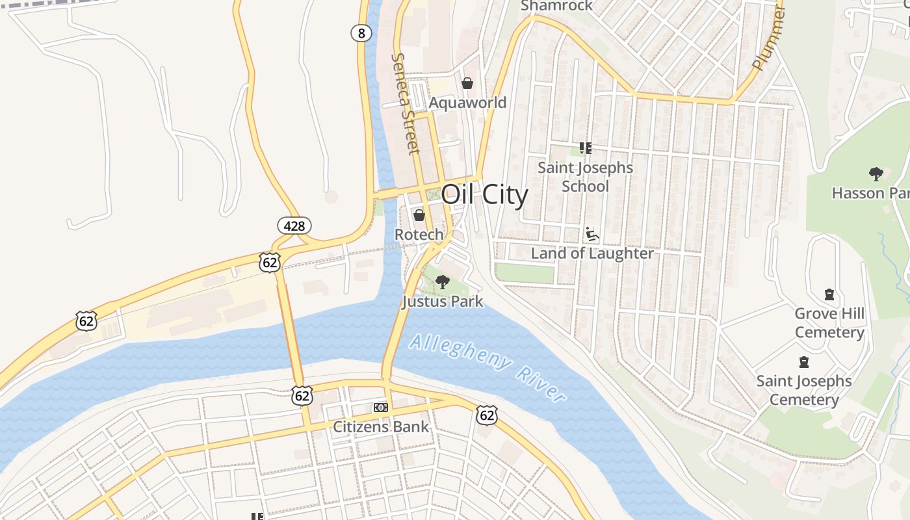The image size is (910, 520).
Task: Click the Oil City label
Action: coord(484,194)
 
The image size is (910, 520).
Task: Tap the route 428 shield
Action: coord(294,226)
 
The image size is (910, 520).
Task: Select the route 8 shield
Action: coord(361,32)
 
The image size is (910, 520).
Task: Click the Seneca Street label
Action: coord(404,104)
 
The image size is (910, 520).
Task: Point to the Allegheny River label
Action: coord(488,367)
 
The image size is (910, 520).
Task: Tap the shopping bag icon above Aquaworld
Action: coord(467,83)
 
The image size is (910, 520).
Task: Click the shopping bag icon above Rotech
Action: coord(419,214)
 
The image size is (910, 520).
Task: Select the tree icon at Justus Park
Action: coord(443,282)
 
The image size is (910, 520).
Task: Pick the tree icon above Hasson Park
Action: coord(876,174)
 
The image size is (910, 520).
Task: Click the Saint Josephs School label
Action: coord(585,177)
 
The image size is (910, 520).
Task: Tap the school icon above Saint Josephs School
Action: coord(585,148)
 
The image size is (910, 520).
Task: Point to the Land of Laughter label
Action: coord(592,253)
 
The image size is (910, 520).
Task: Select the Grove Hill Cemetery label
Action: coord(829,323)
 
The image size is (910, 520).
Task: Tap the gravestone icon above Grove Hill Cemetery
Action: coord(829,294)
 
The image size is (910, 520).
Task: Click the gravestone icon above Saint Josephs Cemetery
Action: coord(804,361)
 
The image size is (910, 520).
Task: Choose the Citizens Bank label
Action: coord(381,427)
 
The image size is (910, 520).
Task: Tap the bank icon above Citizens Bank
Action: coord(381,408)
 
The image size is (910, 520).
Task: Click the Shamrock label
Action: coord(557,6)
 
